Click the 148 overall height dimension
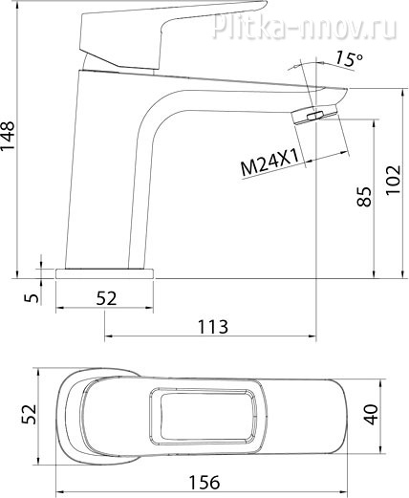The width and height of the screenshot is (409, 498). coord(8,135)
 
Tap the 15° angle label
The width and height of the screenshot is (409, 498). coord(349,59)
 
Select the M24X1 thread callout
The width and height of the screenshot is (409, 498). coord(269,163)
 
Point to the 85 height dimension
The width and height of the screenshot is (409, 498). coord(364,197)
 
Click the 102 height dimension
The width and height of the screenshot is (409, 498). coord(393,180)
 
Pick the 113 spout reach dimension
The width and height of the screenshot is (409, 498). coord(213,327)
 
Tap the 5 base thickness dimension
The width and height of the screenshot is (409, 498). coord(32,298)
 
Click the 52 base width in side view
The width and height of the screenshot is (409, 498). coord(106,298)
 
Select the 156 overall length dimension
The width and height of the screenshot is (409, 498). coord(204,483)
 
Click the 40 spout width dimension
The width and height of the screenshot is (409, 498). coord(371,415)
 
